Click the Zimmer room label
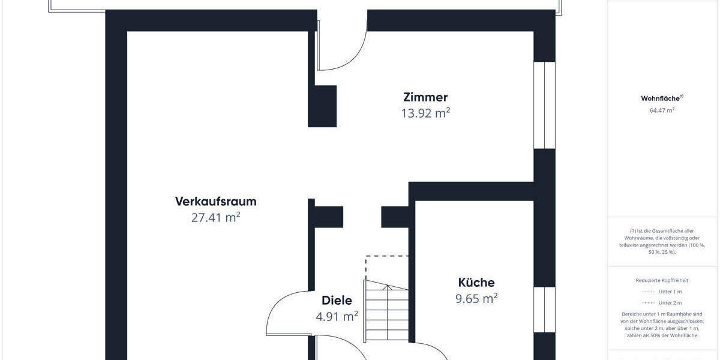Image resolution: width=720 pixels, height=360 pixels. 425,97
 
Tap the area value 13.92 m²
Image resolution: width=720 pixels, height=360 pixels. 425,113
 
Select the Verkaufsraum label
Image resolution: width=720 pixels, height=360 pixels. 215,201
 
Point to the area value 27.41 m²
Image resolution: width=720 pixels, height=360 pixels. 215,217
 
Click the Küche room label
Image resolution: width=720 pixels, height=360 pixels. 476,282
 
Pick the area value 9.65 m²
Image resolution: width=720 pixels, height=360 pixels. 476,298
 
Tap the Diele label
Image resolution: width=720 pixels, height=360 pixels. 337,301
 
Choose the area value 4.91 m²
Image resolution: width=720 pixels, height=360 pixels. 337,316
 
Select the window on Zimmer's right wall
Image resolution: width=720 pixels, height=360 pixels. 545,105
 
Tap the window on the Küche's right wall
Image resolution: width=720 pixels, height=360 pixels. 545,309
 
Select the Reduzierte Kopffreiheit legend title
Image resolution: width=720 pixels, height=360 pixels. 662,280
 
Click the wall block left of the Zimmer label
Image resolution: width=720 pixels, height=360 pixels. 322,106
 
